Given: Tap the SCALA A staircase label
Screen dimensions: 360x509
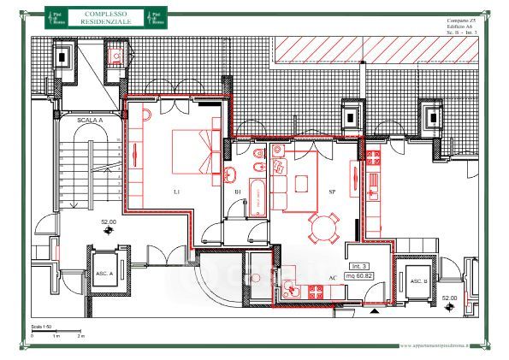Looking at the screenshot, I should point(89,121).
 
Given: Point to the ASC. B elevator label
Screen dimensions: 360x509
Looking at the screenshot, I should point(418,280).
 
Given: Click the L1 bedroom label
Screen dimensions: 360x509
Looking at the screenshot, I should point(177,192).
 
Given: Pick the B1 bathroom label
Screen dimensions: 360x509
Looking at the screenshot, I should point(239,192).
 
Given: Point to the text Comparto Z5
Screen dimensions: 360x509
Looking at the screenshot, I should point(462,20).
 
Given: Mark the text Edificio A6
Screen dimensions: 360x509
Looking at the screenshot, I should point(461,26).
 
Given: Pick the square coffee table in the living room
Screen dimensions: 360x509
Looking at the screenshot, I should point(303,184).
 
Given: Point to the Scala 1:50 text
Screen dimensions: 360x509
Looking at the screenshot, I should point(41,327).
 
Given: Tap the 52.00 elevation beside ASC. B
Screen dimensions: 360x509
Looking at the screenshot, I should point(450,298).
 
